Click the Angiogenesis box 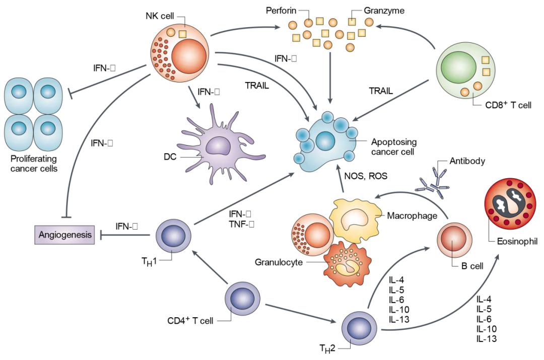(64, 235)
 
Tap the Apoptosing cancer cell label (392, 148)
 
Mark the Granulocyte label (278, 262)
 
